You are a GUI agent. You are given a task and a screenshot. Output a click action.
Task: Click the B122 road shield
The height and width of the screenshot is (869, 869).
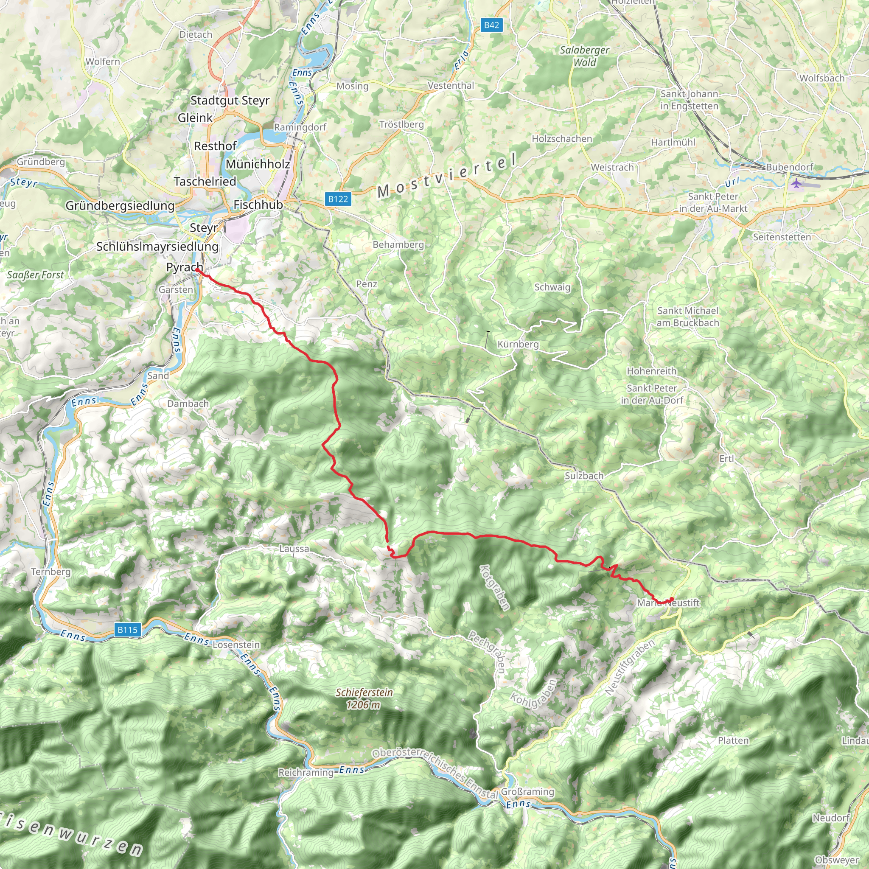pos(338,199)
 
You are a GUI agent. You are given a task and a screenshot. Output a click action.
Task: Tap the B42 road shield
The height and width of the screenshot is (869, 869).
pos(491,25)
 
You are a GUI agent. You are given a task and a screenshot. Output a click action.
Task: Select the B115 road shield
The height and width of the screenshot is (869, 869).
pos(127,630)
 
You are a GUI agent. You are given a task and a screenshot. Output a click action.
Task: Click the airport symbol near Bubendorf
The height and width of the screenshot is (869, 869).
pos(796,183)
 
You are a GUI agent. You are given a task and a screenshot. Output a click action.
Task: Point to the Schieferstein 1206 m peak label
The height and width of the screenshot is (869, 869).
pos(364,698)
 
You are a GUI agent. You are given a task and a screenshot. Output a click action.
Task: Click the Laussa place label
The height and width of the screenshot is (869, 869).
pos(294,549)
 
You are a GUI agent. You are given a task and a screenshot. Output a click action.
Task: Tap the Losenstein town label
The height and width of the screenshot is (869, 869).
pos(236,645)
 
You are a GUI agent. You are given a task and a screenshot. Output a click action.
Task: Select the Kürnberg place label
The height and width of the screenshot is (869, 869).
pos(518,344)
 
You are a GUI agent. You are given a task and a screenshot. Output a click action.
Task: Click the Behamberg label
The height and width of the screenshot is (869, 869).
pos(398,245)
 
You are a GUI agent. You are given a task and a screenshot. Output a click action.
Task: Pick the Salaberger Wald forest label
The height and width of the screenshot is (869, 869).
pos(584,56)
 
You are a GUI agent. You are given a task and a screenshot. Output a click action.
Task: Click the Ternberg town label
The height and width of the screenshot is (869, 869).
pos(51,572)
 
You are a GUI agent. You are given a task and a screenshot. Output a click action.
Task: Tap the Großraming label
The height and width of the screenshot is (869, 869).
pos(527,792)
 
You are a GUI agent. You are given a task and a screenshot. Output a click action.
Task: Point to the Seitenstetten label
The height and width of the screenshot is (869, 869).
pos(782,237)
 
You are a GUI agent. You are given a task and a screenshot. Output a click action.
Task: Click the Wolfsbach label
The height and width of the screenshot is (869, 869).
pos(822,78)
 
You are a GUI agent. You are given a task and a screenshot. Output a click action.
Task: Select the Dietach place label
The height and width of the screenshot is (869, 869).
pos(196,35)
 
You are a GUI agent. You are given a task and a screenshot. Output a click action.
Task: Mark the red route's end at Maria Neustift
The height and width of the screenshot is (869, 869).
pos(672,599)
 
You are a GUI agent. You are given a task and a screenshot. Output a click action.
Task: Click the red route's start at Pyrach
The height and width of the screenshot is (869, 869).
pos(197,269)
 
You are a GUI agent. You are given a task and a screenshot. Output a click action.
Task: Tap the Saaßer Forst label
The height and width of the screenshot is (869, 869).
pos(36,275)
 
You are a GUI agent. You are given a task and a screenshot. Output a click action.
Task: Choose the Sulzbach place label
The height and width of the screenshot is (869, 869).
pos(584,475)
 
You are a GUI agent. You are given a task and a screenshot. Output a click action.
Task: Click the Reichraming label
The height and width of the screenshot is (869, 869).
pos(306,773)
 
